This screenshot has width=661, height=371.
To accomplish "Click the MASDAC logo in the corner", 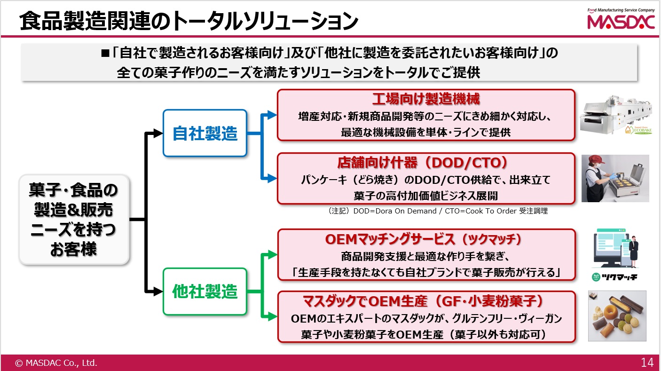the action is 621,19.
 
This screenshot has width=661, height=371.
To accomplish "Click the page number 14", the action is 647,363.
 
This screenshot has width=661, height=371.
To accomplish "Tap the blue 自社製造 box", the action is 205,133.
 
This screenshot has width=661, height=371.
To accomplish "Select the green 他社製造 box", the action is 205,292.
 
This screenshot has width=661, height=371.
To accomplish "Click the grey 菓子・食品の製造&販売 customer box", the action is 74,219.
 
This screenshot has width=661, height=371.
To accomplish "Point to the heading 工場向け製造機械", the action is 426,99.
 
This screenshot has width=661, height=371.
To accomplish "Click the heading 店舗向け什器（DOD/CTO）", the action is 423,163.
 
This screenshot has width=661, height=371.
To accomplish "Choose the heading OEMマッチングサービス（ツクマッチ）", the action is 424,239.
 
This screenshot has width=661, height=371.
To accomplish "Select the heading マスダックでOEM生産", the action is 365,301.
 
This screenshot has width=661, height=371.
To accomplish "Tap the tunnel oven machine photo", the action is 616,115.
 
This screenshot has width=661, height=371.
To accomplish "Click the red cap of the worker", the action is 596,159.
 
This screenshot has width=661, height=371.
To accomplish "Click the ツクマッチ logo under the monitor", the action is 614,277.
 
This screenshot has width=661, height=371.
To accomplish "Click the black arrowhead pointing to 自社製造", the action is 158,133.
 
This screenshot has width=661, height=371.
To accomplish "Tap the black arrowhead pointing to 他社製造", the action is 158,292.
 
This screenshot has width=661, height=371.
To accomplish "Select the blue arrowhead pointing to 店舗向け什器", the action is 272,178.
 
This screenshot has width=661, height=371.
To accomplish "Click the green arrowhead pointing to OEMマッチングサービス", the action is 272,254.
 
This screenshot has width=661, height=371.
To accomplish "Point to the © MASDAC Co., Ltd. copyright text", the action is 56,363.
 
